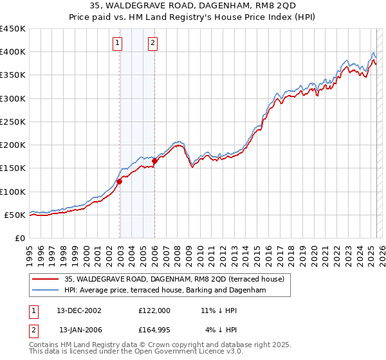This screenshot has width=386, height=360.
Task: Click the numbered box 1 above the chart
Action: click(x=118, y=44)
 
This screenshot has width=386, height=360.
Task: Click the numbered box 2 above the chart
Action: click(x=153, y=44)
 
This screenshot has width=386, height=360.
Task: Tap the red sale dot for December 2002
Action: click(x=120, y=181)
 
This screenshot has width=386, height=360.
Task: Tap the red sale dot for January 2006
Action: click(x=154, y=161)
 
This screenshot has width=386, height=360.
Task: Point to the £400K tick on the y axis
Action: click(x=14, y=52)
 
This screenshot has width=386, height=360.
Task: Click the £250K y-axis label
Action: click(x=14, y=122)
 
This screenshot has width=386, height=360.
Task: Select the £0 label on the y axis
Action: click(x=21, y=238)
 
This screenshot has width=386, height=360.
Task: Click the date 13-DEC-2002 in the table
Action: click(x=79, y=310)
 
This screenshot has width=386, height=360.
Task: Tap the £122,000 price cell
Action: click(x=154, y=310)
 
